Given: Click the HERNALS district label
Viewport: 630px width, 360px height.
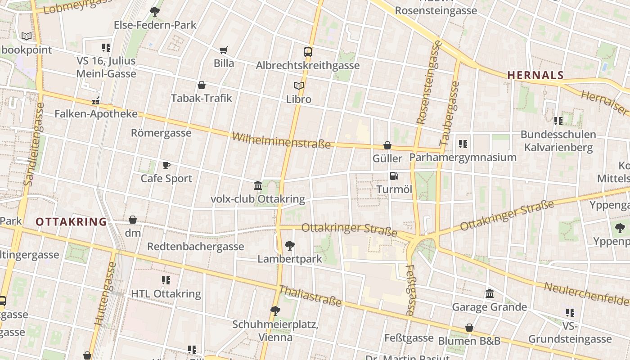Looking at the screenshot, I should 535,76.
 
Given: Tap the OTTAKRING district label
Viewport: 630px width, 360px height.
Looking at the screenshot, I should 71,222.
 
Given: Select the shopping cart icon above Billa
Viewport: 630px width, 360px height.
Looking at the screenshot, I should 224,50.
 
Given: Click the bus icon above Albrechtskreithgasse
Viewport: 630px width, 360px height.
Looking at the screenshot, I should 308,52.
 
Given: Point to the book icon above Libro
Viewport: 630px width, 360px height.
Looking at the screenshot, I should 299,85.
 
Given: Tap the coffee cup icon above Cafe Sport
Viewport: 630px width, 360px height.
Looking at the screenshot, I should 166,165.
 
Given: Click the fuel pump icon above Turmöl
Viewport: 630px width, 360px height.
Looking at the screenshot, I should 394,176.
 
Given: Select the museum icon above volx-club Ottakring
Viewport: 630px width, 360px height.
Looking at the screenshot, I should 258,185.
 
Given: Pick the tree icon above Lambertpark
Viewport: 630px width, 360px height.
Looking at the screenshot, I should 290,246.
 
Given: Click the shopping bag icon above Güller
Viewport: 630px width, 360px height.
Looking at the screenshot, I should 387,145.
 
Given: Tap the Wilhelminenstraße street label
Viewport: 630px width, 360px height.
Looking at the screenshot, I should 281,140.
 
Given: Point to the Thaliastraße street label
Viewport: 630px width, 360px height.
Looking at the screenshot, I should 310,296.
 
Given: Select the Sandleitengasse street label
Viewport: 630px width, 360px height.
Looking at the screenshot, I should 34,144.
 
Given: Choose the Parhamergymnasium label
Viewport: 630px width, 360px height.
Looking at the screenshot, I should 463,157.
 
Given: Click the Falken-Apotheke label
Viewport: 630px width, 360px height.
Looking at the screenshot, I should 96,114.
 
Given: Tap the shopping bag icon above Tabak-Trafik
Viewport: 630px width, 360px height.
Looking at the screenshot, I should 202,85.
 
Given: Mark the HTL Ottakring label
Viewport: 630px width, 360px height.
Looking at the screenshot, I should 166,294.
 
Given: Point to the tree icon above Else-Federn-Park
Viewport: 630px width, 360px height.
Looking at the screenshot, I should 155,11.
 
